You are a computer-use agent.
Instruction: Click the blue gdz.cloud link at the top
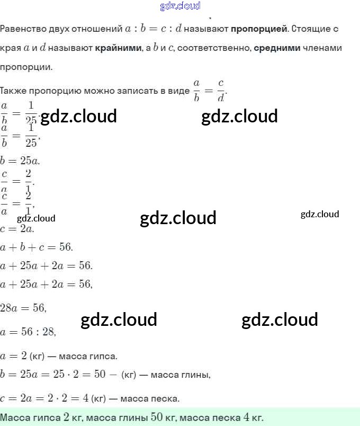point(180,6)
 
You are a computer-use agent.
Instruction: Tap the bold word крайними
point(118,48)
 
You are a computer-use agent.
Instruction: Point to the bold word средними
point(277,48)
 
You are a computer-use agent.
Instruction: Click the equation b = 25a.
point(21,161)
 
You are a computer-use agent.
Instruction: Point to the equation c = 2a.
point(17,229)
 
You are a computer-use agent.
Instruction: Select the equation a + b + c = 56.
point(37,247)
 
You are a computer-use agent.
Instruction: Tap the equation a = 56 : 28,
point(29,332)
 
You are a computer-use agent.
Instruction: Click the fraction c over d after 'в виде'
point(221,91)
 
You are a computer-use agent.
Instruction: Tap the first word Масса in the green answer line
point(14,418)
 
